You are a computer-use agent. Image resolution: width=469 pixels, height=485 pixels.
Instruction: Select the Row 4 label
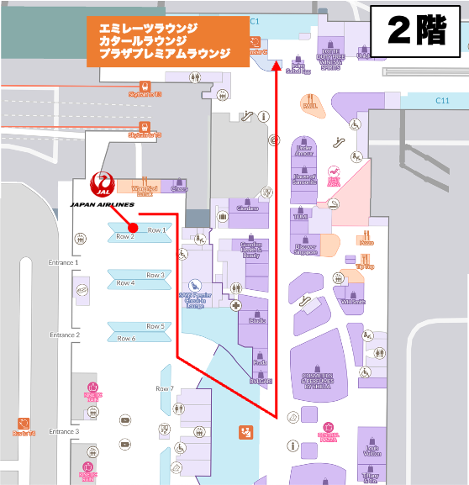125,283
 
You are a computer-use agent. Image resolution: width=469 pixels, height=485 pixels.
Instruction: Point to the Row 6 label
125,339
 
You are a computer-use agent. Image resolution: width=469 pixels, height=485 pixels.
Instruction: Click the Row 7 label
165,388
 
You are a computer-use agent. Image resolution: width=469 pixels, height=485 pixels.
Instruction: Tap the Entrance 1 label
64,262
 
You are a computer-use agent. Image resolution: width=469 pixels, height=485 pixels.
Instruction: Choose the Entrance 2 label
64,335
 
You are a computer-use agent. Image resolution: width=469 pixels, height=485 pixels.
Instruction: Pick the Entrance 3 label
64,431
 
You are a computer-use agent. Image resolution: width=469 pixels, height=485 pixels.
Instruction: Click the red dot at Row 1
132,227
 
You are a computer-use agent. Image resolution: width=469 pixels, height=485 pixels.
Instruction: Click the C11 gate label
442,101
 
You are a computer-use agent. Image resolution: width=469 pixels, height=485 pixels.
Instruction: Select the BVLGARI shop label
261,382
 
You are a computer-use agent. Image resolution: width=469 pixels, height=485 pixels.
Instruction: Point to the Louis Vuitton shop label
372,450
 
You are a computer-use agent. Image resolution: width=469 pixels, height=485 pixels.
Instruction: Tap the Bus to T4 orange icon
24,427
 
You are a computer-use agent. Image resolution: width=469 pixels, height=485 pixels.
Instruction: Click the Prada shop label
261,362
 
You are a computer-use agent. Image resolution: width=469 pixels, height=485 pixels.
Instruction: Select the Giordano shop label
247,208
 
